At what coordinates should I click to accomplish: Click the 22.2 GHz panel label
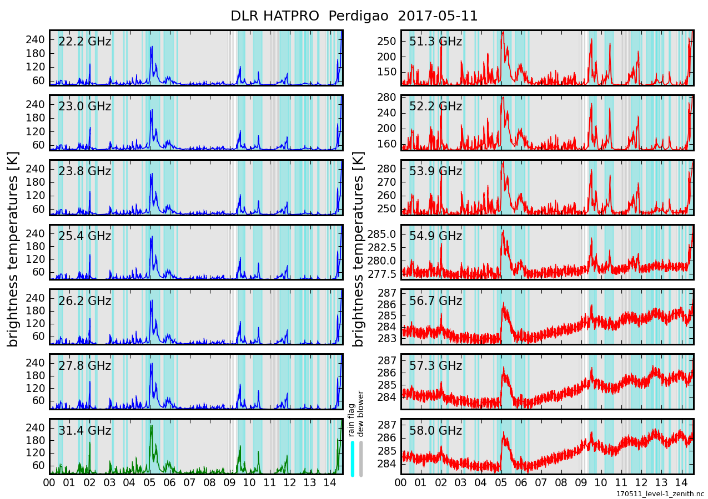(x=84, y=42)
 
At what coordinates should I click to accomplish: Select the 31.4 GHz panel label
(x=84, y=431)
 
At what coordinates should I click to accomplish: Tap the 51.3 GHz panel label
(x=435, y=42)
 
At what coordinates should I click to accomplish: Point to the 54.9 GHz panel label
(x=435, y=236)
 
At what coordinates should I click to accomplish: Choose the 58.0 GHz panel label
(x=435, y=431)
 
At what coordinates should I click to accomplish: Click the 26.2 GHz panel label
(x=84, y=301)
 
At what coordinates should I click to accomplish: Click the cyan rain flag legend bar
(x=352, y=458)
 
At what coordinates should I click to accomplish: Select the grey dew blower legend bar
(x=361, y=458)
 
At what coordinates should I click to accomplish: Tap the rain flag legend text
(x=352, y=421)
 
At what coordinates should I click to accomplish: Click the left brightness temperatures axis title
(x=13, y=249)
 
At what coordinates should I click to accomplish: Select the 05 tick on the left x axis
(x=149, y=482)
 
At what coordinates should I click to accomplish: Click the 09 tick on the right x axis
(x=581, y=482)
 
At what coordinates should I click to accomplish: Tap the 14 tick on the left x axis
(x=329, y=482)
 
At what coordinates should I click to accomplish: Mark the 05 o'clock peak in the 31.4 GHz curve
(x=151, y=426)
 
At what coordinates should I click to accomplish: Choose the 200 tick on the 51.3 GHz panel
(x=388, y=57)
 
